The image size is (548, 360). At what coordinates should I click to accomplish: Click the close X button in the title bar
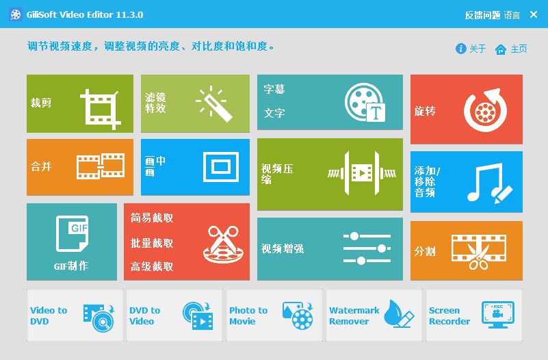coord(534,14)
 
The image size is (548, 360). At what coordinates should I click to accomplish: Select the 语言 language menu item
coord(512,15)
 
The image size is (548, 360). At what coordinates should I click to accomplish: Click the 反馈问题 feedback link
coord(482,15)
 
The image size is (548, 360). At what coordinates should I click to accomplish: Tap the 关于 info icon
coord(460,48)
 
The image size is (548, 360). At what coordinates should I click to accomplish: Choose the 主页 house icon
coord(501,49)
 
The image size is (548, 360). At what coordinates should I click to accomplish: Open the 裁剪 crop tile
coord(80,103)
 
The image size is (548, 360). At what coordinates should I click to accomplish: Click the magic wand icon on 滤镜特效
coord(214,103)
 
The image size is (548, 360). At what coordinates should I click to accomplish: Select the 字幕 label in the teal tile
coord(274,89)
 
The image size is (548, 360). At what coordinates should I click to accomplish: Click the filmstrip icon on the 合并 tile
coord(101,166)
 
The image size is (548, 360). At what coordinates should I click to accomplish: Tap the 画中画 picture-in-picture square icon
coord(221,167)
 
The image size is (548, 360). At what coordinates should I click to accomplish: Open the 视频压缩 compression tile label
coord(277,174)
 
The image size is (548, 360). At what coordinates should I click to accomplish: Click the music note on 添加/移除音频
coord(484,181)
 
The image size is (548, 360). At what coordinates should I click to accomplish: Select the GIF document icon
coord(72,233)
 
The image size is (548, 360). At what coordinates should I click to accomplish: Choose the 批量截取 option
coord(152,243)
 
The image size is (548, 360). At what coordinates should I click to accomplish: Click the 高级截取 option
coord(152,266)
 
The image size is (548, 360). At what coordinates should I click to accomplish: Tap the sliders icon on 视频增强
coord(367,248)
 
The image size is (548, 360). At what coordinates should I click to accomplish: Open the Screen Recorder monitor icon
coord(497,315)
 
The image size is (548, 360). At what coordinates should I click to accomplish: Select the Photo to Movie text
coord(248,316)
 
